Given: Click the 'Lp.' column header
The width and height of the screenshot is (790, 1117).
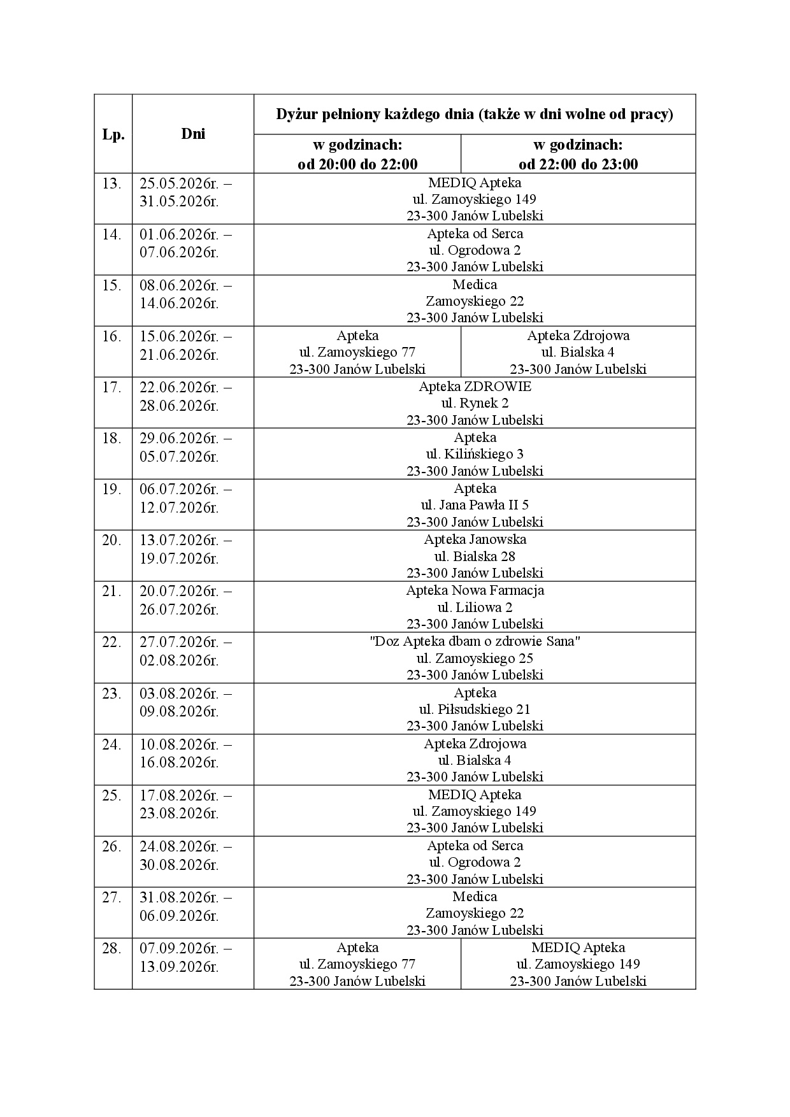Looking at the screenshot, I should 113,135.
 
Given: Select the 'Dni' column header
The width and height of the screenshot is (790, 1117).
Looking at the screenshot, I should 193,134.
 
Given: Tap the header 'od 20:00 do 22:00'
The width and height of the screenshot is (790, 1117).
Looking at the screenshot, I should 357,164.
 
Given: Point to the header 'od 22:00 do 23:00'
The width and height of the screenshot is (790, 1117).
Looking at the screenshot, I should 578,164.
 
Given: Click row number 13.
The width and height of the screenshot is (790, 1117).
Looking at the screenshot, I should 112,183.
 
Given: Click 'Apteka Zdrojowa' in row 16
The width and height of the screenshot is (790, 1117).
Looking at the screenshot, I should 578,336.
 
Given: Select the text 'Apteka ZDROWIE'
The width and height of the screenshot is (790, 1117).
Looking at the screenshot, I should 475,387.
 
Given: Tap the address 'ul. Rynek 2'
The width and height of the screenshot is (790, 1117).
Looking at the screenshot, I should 475,403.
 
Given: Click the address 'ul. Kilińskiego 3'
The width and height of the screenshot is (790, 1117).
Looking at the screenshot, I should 475,454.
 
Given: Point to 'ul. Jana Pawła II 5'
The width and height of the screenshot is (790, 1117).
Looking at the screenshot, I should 475,505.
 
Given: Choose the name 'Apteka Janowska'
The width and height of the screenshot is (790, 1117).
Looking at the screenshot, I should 475,539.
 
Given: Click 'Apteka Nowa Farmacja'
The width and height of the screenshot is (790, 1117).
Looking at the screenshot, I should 475,590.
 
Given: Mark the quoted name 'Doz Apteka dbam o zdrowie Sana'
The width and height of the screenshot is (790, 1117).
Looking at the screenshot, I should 475,641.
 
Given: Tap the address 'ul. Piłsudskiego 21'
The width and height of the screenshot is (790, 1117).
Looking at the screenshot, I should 475,709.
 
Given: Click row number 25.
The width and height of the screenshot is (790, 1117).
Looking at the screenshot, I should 112,795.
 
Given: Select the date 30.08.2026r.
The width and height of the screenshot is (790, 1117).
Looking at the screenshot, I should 179,865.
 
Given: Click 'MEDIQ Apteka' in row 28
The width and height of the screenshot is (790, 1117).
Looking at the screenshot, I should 578,948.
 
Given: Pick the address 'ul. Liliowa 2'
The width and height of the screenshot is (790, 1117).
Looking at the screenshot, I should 475,608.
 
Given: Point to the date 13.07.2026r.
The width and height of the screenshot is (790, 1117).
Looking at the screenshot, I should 179,540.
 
